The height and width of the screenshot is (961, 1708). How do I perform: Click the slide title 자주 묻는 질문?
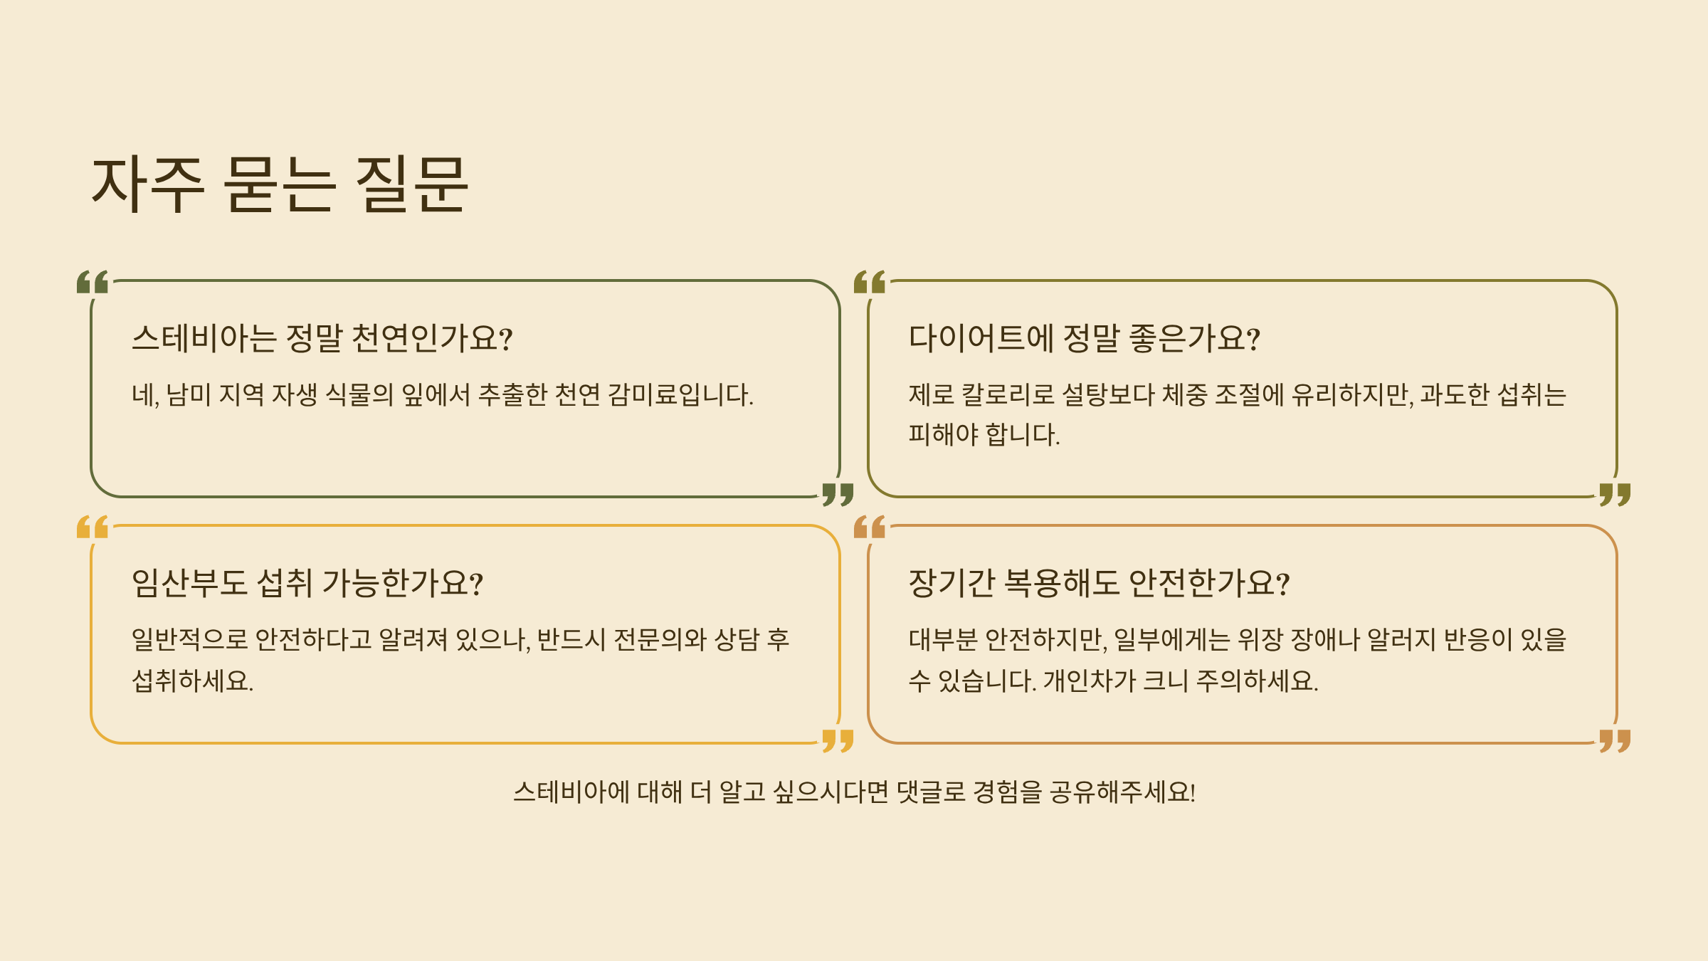(280, 184)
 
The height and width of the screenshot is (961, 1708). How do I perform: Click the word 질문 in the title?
(411, 184)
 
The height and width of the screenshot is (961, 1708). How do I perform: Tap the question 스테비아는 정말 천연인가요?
(322, 338)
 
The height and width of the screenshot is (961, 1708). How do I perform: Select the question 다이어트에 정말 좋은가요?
(1084, 338)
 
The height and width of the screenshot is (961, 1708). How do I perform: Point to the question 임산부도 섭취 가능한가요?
(307, 583)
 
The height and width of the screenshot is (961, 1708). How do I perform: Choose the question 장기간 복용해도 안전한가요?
(1099, 583)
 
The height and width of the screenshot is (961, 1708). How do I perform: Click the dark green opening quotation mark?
(93, 282)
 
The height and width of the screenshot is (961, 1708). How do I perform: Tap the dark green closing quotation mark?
(838, 494)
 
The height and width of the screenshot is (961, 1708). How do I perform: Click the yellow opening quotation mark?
(93, 527)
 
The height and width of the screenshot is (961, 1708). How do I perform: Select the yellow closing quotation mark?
(838, 740)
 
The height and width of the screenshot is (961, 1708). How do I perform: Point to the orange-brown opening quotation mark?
(870, 527)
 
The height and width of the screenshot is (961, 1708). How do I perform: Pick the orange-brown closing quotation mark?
(1615, 740)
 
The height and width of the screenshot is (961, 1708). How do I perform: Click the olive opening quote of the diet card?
(870, 282)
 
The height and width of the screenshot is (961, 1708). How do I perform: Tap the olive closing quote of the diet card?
(1615, 494)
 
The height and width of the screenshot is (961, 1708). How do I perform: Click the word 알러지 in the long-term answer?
(1401, 639)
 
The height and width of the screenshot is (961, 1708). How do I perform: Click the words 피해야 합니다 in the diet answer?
(984, 434)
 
